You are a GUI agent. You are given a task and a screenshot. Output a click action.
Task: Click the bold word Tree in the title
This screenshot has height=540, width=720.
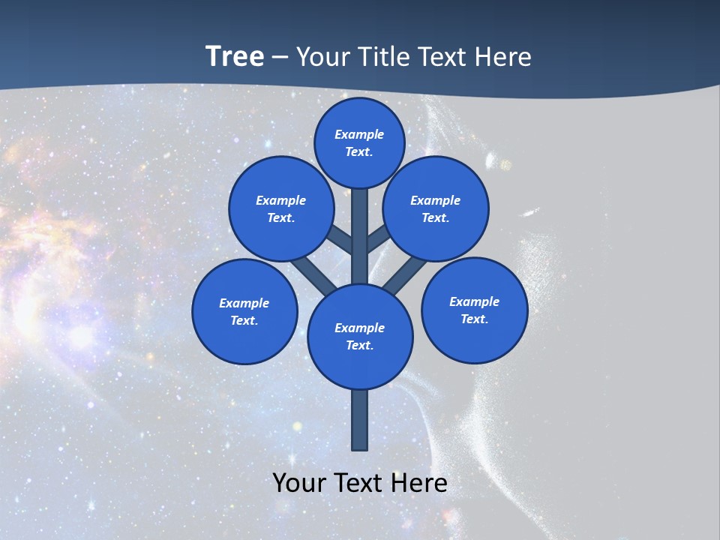click(x=235, y=57)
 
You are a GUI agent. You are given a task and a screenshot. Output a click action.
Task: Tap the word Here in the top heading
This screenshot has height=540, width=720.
click(x=502, y=57)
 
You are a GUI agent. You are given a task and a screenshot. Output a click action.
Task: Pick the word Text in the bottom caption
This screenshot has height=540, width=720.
click(x=359, y=483)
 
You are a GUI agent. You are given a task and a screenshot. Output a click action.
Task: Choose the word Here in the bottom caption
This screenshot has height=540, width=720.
click(x=419, y=483)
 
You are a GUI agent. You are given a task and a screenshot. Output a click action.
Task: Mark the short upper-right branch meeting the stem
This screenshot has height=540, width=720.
click(x=378, y=238)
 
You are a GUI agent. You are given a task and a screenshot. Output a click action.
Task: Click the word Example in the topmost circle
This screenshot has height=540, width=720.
click(x=359, y=134)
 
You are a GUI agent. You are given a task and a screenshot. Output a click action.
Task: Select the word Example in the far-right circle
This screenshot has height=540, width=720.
click(x=474, y=301)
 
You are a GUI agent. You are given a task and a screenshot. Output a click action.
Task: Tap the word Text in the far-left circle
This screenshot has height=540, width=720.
click(x=244, y=320)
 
